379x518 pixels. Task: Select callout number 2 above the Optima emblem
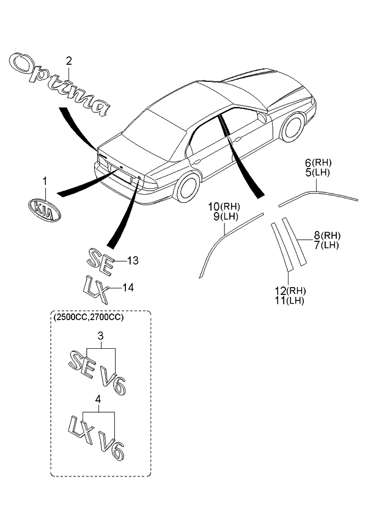[x=68, y=60]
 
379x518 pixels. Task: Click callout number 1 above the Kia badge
[x=44, y=181]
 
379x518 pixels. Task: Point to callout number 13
[x=133, y=261]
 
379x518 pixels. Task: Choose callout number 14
[x=128, y=287]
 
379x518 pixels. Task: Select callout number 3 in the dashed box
[x=100, y=335]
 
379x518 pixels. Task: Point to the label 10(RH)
[x=224, y=206]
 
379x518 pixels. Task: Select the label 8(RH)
[x=327, y=236]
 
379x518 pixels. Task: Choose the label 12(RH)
[x=290, y=290]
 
